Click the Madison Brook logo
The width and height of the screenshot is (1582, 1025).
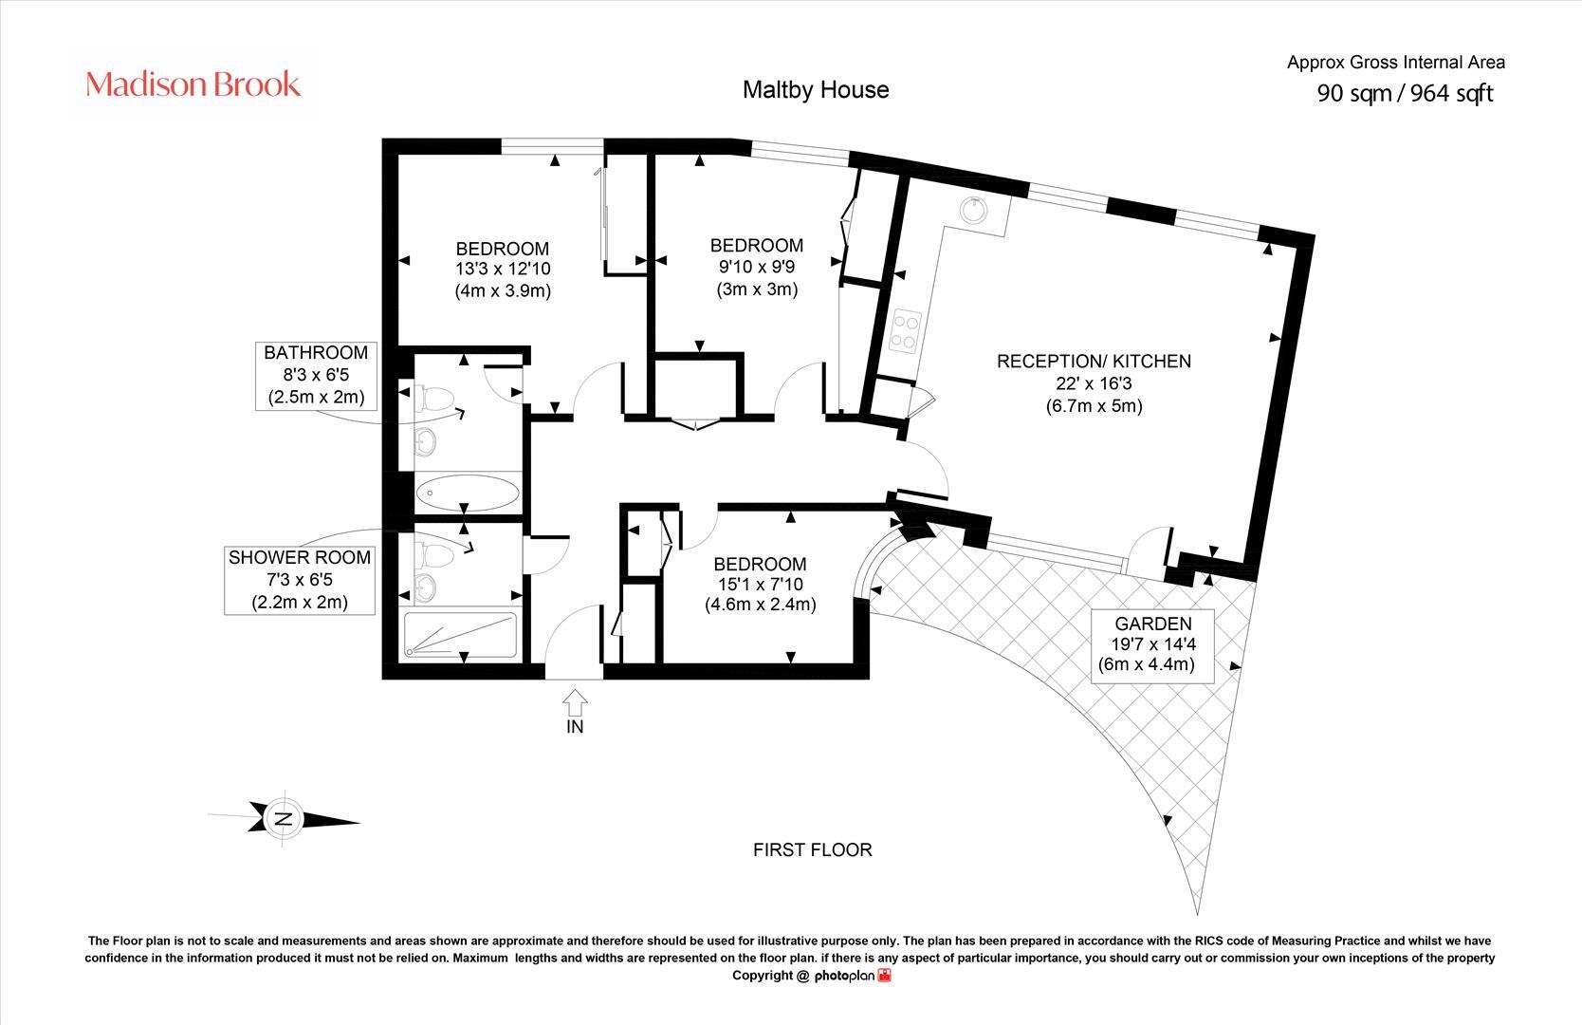point(193,84)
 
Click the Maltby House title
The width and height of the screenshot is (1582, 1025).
point(815,89)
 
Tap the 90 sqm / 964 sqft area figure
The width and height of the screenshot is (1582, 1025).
point(1405,93)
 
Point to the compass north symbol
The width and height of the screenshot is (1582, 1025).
point(284,818)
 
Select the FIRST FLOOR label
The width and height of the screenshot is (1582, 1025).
point(812,849)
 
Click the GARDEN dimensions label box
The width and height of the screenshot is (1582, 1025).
point(1152,643)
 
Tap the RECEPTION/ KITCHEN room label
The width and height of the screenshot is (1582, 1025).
point(1093,362)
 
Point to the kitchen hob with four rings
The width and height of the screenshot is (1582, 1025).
point(906,331)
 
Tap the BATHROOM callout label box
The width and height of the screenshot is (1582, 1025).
point(316,375)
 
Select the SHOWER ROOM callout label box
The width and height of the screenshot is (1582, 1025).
point(299,579)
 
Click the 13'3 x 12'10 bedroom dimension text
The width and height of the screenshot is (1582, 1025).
point(502,270)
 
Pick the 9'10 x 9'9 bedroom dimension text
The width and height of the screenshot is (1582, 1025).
point(756,267)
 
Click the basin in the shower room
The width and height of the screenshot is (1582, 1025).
point(426,586)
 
